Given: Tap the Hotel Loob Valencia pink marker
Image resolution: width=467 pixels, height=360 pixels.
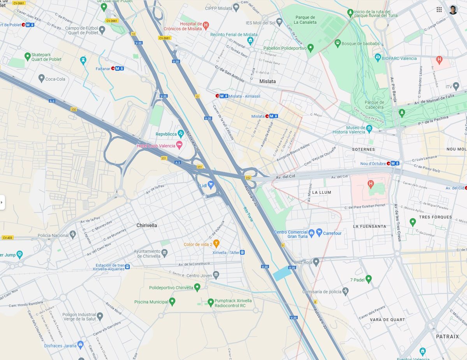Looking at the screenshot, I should pyautogui.click(x=179, y=145).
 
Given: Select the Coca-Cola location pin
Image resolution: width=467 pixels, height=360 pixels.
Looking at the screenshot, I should pyautogui.click(x=42, y=79).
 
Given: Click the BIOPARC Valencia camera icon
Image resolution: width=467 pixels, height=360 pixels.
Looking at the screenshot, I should pyautogui.click(x=377, y=58).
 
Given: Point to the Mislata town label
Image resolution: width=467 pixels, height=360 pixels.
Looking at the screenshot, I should pyautogui.click(x=267, y=81).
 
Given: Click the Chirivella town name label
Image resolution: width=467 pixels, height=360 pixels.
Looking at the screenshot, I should pyautogui.click(x=147, y=225).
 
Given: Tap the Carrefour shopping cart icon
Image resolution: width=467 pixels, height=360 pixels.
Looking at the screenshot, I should pyautogui.click(x=319, y=233).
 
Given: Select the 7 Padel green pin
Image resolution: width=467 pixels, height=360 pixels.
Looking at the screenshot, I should pyautogui.click(x=369, y=279).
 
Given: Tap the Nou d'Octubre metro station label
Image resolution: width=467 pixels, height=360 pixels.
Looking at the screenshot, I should pyautogui.click(x=373, y=163).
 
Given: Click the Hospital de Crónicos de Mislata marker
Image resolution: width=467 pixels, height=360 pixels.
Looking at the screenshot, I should pyautogui.click(x=206, y=25).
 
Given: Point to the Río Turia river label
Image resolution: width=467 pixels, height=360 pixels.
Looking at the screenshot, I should pyautogui.click(x=248, y=214).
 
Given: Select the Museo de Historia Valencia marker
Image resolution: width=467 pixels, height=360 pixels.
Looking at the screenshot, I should pyautogui.click(x=369, y=128).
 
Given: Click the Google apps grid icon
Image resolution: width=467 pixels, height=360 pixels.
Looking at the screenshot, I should pyautogui.click(x=439, y=10).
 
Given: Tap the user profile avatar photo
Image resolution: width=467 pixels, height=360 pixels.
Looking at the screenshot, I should pyautogui.click(x=453, y=10).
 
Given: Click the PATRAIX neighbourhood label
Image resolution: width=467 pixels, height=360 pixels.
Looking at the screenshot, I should pyautogui.click(x=447, y=336).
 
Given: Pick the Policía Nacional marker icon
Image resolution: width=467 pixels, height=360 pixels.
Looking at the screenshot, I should pyautogui.click(x=72, y=234).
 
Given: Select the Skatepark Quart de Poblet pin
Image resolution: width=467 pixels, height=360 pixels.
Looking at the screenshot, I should pyautogui.click(x=27, y=56).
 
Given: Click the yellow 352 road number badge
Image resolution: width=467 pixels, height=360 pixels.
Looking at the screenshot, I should pyautogui.click(x=248, y=177).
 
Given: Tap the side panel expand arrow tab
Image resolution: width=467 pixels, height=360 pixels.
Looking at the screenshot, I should pyautogui.click(x=2, y=202).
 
